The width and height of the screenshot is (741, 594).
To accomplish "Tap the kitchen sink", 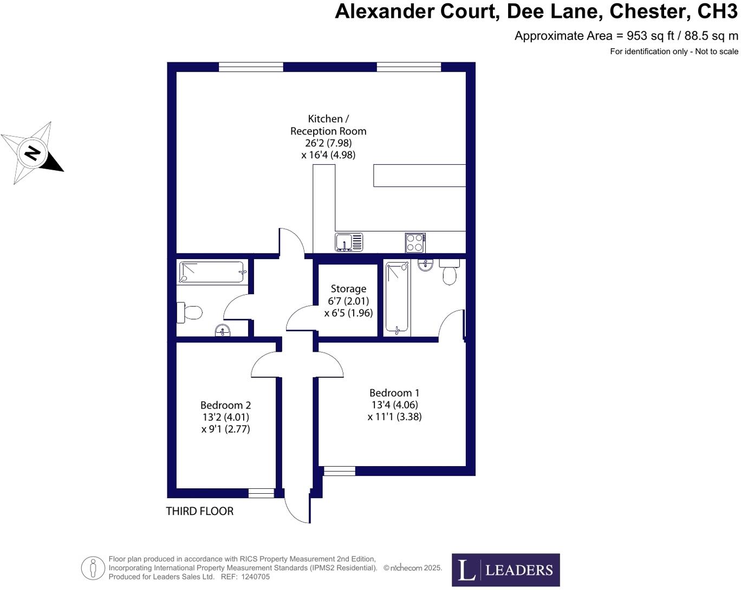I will [348, 242].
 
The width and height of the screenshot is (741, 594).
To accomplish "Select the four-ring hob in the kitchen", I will [415, 242].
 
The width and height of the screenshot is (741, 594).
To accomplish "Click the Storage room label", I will [348, 289].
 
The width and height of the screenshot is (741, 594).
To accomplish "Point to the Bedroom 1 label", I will [394, 393].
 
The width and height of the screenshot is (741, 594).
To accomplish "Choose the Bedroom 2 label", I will [225, 405].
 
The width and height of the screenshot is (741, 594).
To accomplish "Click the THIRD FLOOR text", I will [199, 511].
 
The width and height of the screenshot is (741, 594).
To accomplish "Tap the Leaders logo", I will [505, 570].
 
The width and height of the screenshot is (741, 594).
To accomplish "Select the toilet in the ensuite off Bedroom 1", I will [449, 273].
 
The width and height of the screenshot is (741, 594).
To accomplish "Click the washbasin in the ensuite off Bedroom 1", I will [425, 265].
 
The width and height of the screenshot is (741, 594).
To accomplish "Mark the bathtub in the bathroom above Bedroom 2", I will [211, 272].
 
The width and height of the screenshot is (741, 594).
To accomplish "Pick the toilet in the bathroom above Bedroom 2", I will [190, 312].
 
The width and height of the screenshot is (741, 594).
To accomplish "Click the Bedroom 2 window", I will [261, 493].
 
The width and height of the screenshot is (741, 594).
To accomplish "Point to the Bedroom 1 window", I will [339, 471].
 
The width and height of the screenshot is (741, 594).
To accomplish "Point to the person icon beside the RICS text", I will [93, 568].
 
